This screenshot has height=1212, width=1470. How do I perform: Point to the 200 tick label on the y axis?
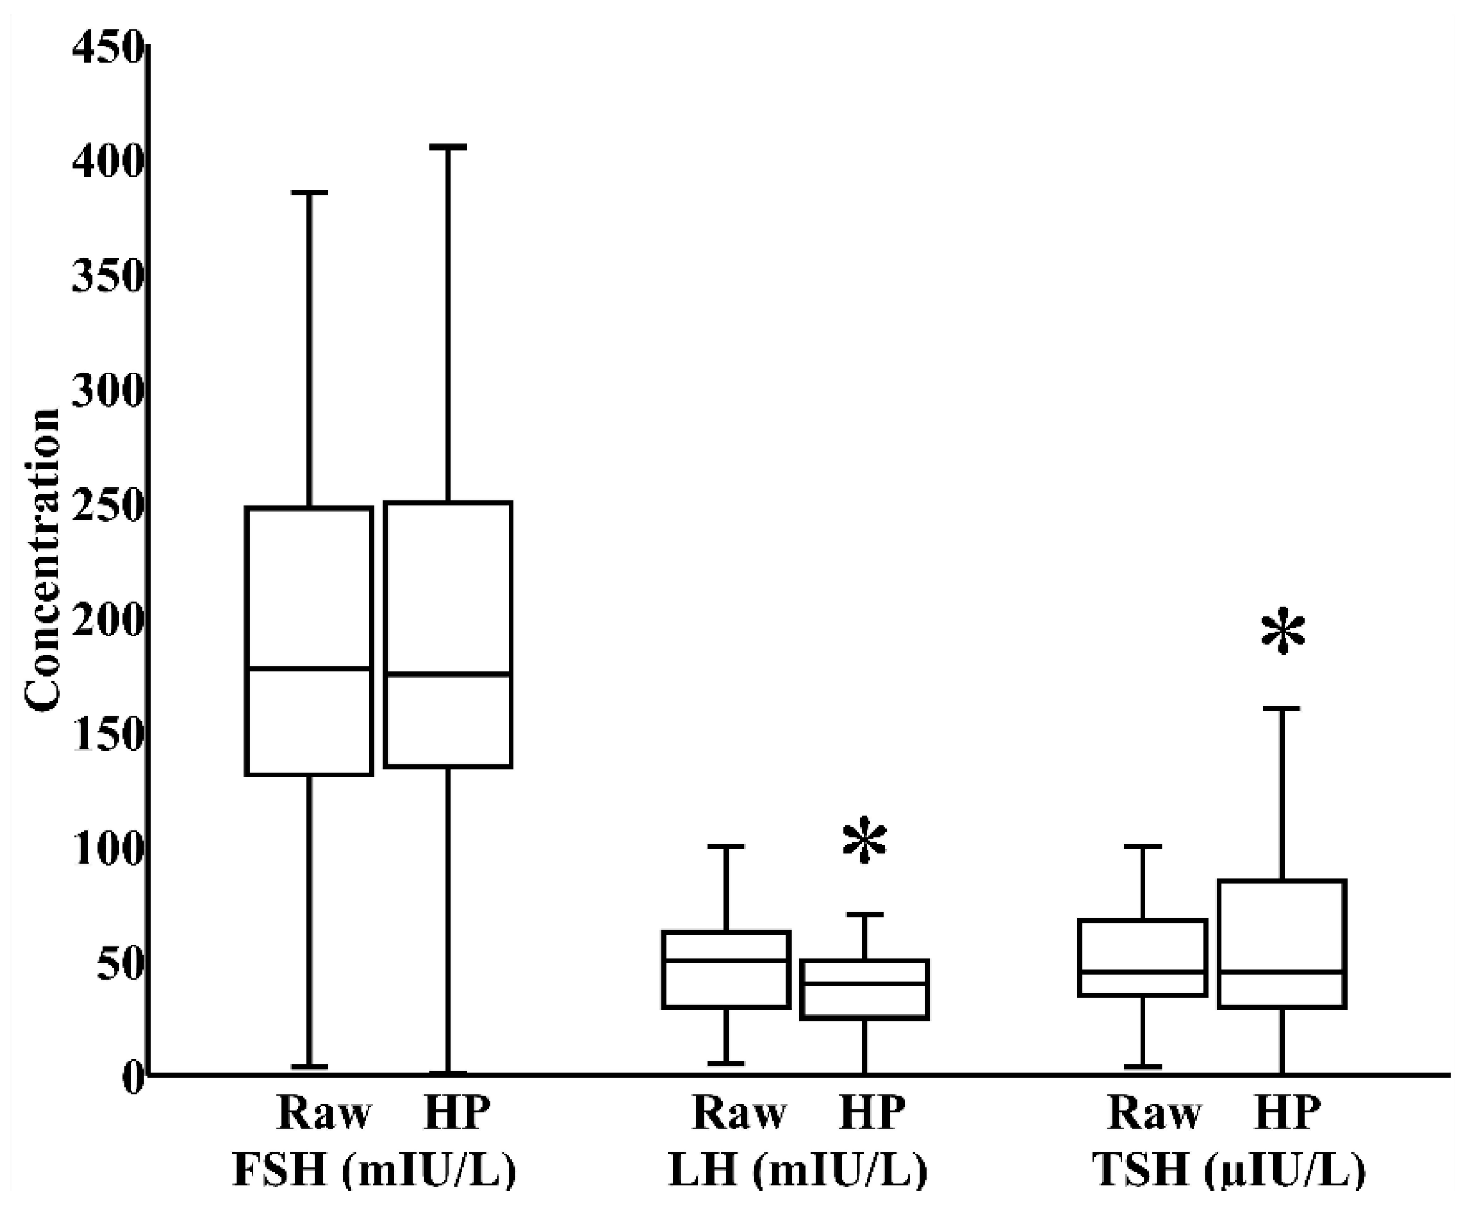tap(108, 621)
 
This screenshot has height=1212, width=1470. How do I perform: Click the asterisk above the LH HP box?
tap(865, 841)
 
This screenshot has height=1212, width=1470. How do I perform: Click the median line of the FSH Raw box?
tap(309, 669)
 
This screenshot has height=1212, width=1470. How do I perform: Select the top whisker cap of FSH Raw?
tap(309, 193)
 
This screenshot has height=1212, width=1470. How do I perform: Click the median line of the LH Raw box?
tap(726, 960)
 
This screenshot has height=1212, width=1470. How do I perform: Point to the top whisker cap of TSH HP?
tap(1282, 709)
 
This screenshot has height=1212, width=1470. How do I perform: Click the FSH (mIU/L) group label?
tap(374, 1170)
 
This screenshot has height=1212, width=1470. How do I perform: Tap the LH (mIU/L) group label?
tap(798, 1170)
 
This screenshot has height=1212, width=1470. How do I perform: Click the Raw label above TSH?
tap(1155, 1113)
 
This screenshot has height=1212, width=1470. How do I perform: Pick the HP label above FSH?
tap(457, 1113)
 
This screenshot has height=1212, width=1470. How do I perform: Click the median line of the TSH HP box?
tap(1282, 973)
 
